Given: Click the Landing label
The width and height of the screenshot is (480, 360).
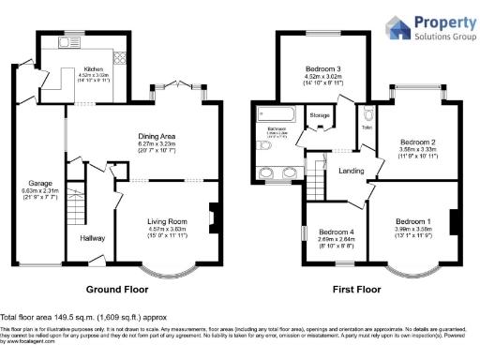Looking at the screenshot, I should [x=352, y=171].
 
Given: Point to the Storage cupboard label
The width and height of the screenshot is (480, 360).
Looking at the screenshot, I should [x=320, y=115].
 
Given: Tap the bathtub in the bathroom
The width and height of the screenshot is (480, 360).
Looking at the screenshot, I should [x=276, y=117].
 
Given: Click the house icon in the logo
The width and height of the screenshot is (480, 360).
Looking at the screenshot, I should [x=397, y=27].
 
